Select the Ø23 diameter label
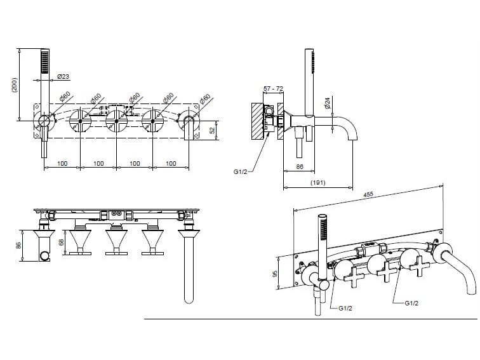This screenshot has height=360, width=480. (x=63, y=76)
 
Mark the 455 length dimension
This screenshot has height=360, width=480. (x=368, y=195)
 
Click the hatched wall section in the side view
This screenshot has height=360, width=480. (x=257, y=121)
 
